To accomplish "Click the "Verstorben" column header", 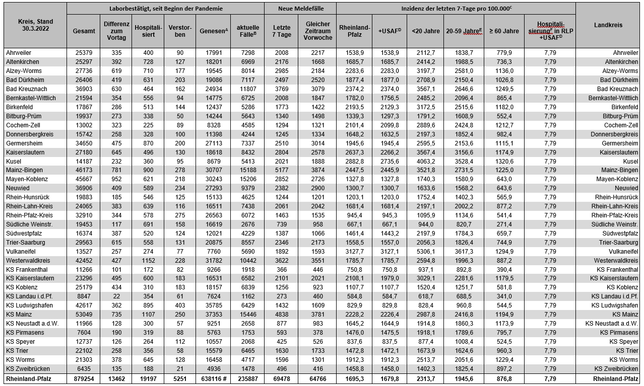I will coord(180,31).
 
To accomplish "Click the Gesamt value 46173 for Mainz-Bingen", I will coord(84,170).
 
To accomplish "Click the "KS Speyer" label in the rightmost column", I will coord(623,342).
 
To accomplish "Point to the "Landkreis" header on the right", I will coord(608,25).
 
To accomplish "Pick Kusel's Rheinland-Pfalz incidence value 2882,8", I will coord(355,161).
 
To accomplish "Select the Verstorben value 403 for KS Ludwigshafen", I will coord(180,305).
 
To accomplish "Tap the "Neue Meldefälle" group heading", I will coord(300,9).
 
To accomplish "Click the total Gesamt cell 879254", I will coord(84,378).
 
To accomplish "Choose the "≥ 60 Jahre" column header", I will coord(504,31).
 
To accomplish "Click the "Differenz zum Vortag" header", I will coord(116,31).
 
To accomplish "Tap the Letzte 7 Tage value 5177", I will coord(282,170).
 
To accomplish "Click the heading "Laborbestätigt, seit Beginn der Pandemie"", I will coord(166,9).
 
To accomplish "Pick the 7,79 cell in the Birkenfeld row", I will coord(550,107).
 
